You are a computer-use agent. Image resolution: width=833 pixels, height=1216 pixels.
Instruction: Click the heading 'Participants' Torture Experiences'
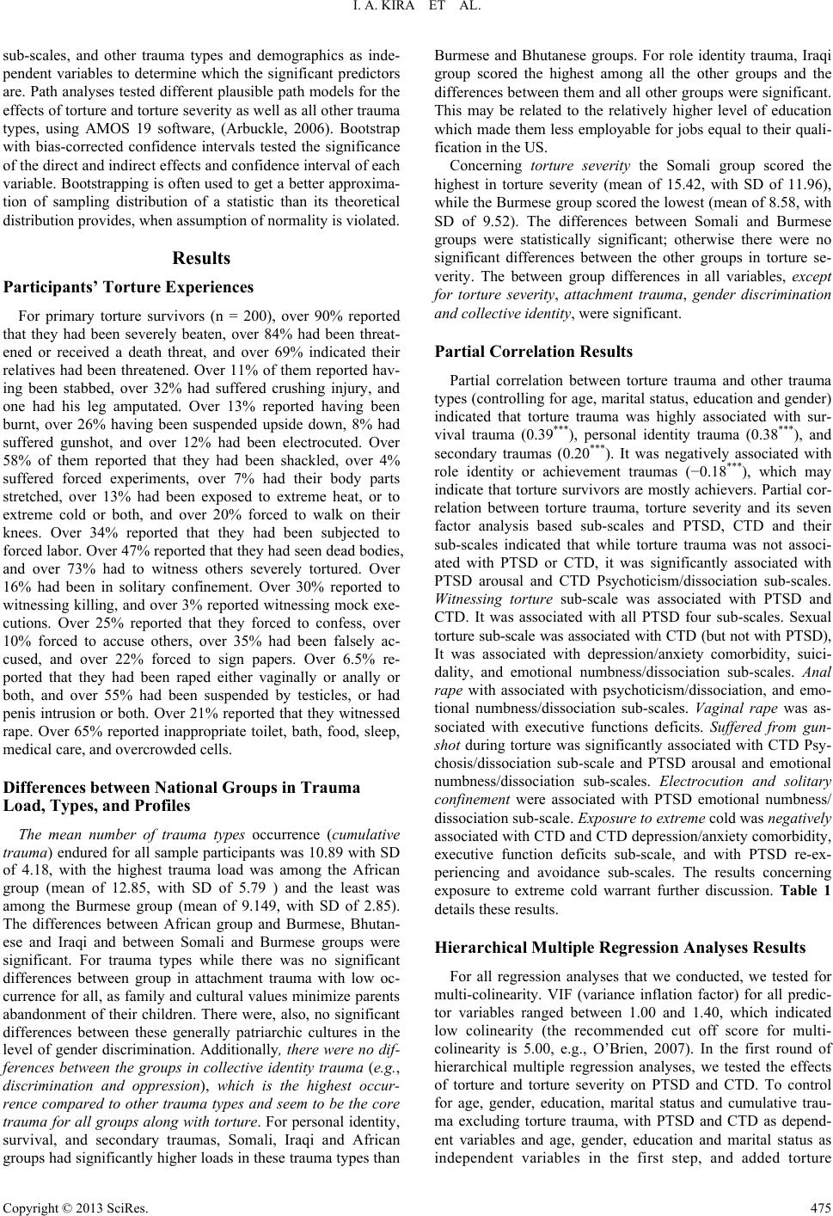coord(130,287)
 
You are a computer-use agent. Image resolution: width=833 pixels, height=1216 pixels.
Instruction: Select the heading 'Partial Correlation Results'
coord(534,352)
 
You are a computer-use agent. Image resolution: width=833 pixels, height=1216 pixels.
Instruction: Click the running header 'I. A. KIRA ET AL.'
coord(416,9)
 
